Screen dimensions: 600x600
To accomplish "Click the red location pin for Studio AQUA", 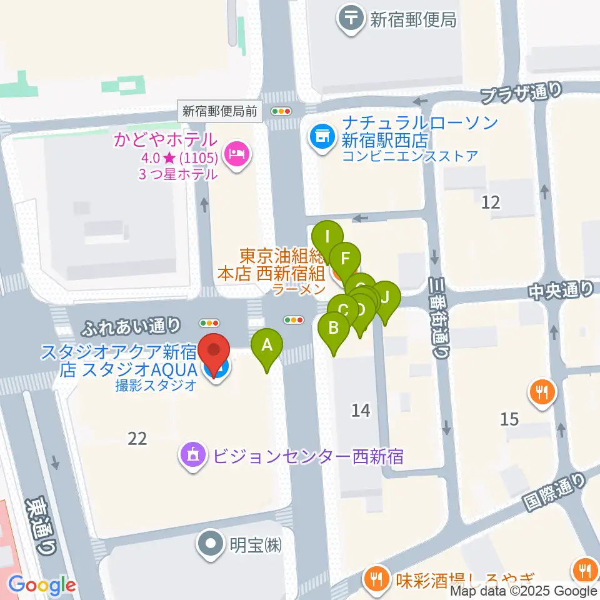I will (214, 354).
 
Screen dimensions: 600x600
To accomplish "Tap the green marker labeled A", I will (267, 345).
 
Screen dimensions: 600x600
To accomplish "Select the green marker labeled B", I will (334, 327).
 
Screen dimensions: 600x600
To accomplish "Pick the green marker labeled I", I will (327, 237).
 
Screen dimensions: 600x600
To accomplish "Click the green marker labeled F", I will (345, 257).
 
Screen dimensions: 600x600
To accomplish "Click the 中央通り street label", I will (561, 289).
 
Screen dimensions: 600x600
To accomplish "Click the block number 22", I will (137, 439).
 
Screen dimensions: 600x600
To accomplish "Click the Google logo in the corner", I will (42, 585).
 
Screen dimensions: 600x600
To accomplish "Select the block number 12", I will (491, 202).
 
